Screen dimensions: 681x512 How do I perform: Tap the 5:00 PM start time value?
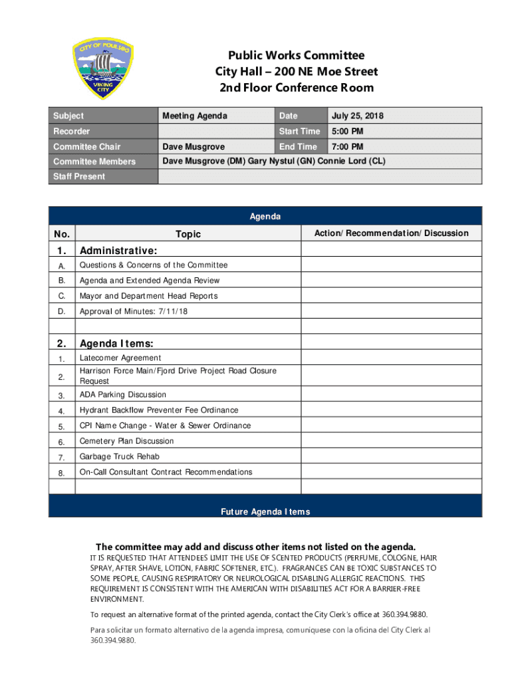348,132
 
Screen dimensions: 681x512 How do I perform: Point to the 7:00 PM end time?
348,147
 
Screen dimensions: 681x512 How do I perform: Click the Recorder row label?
72,132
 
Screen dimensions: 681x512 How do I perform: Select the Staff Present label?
79,176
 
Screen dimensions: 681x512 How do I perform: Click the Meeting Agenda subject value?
195,116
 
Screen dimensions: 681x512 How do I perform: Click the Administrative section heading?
118,251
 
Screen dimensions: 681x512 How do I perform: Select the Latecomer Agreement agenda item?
120,358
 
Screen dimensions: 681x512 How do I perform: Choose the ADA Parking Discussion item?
123,395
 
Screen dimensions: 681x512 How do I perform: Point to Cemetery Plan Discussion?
127,441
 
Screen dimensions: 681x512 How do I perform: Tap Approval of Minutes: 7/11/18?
134,311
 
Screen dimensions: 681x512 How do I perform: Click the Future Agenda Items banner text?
265,511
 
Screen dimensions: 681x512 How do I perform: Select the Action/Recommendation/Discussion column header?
391,233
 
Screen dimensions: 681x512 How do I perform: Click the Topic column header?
188,234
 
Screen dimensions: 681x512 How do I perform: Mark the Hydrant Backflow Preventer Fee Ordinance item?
159,410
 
